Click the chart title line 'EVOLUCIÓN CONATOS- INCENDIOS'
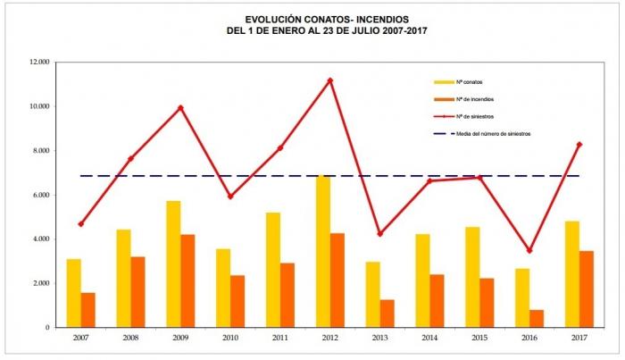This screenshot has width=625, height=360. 327,20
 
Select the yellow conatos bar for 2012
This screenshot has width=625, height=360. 323,251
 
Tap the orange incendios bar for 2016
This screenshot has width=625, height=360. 537,319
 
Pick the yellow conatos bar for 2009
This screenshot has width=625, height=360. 173,264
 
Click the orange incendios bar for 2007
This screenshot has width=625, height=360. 88,310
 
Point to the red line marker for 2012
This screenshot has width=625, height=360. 330,80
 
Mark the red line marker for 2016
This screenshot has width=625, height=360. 529,250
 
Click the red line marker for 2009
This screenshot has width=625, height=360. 180,107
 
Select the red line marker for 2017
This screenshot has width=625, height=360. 579,145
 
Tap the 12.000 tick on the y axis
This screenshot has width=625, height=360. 39,63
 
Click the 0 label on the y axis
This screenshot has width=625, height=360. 47,328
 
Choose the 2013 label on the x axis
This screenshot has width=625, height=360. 379,338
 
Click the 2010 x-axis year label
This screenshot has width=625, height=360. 230,338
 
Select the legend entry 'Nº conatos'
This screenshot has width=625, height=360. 458,82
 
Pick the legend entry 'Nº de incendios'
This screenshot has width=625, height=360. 463,99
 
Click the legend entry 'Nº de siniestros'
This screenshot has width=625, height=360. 463,117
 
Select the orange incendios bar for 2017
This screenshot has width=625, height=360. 587,289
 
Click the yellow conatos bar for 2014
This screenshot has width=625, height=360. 422,280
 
